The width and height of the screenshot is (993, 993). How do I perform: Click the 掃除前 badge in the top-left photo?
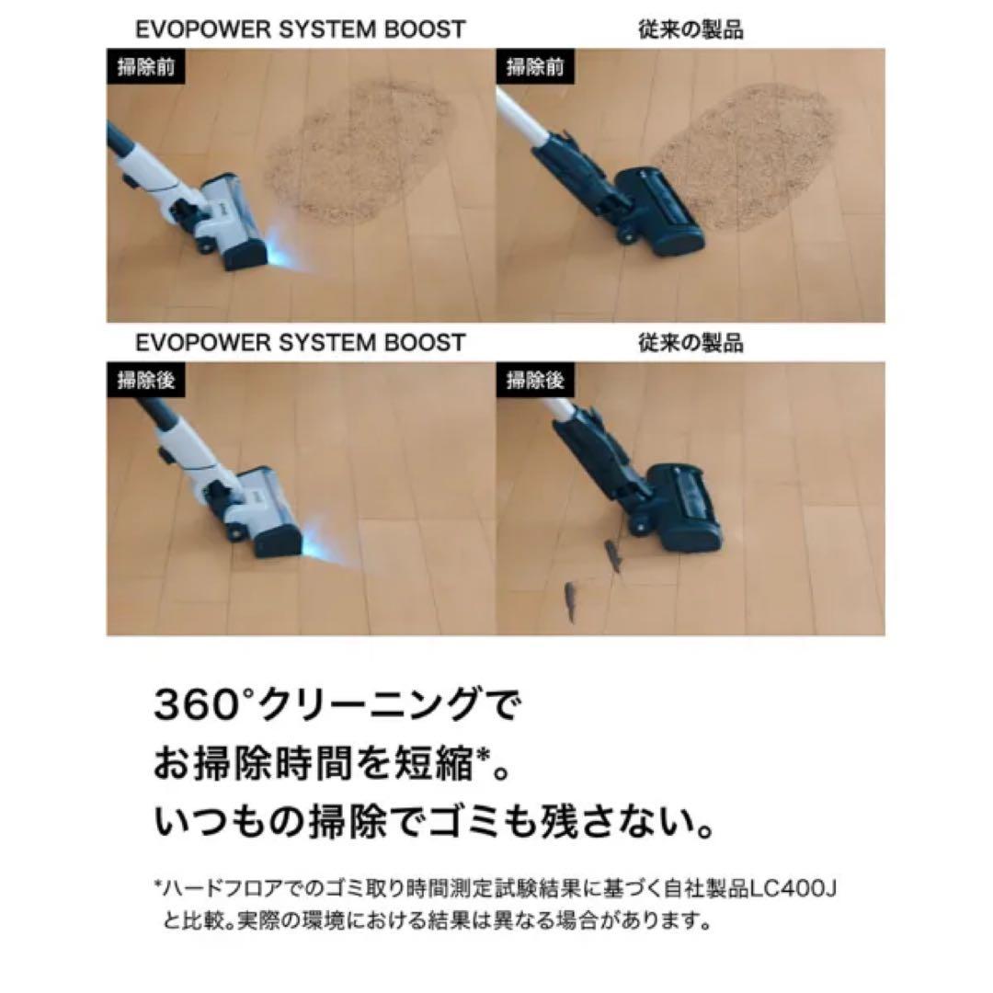(x=140, y=68)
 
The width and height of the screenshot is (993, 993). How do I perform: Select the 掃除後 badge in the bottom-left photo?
(x=140, y=379)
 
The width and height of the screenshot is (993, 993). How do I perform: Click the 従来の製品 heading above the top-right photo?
(x=691, y=29)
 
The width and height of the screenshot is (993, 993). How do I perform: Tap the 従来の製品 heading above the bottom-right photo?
(x=691, y=343)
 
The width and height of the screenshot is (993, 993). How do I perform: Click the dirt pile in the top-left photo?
(x=359, y=152)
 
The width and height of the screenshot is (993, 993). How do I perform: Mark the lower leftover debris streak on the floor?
(x=571, y=599)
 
